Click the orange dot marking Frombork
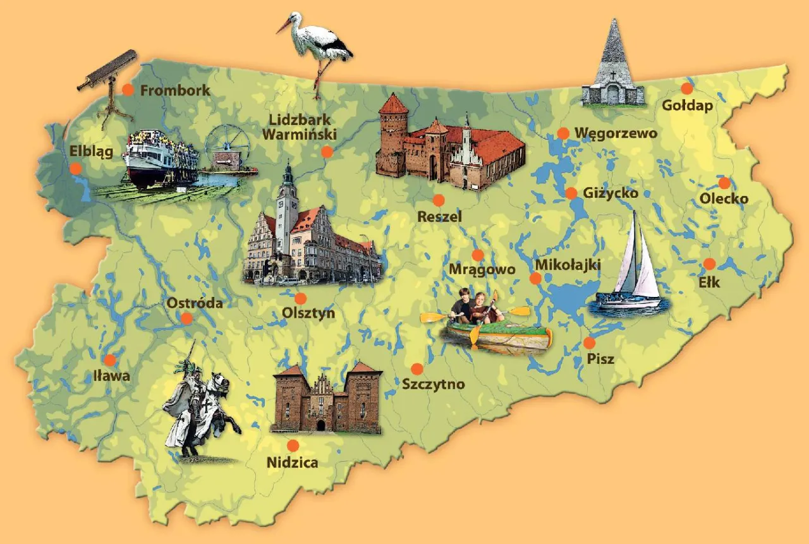click(128, 90)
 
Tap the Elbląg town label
click(91, 152)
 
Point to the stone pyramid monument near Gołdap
click(612, 66)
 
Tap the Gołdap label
click(687, 105)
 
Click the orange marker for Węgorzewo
click(563, 133)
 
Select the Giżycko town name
click(611, 193)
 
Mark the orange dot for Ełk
click(709, 264)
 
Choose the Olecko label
click(724, 199)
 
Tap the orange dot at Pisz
click(589, 343)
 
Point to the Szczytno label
click(433, 384)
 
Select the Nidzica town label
click(292, 462)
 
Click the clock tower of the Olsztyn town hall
click(288, 202)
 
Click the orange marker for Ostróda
click(186, 318)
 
